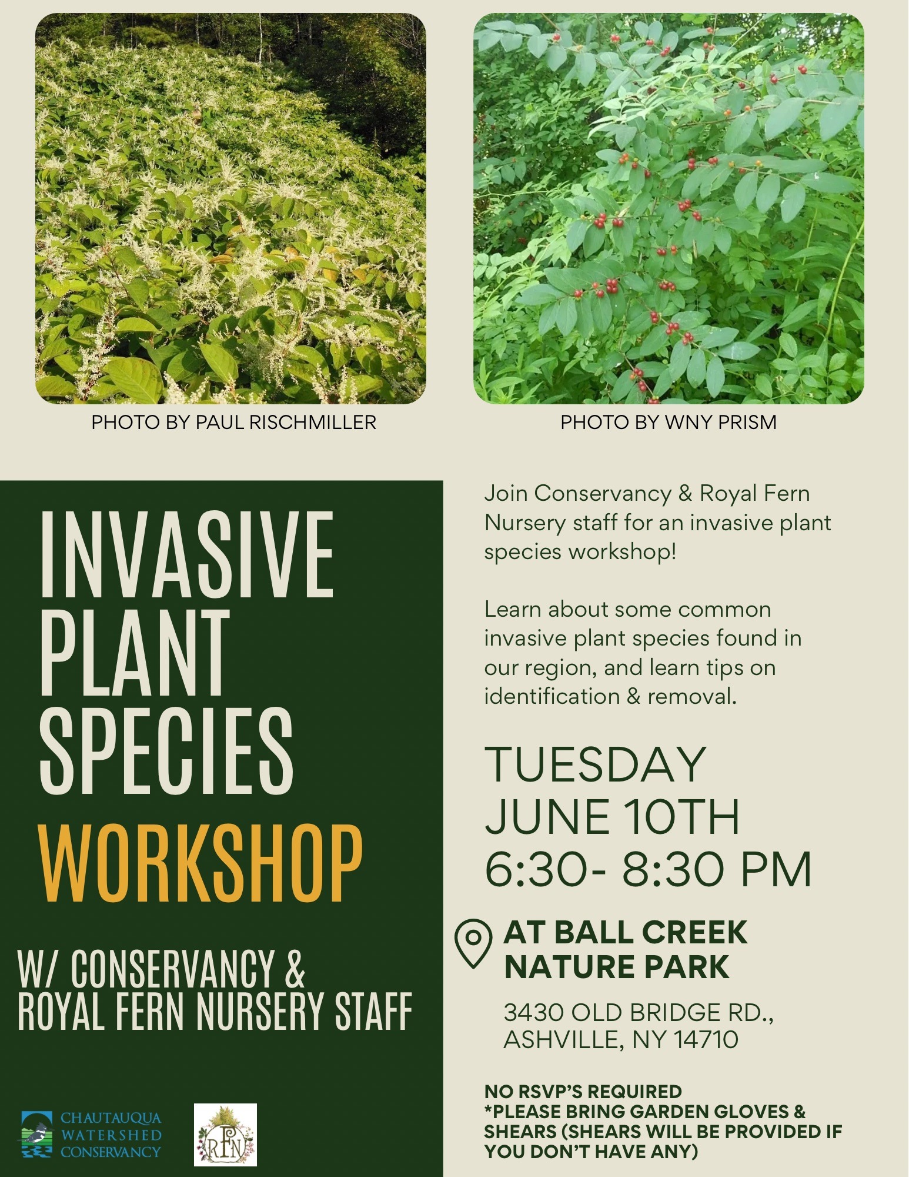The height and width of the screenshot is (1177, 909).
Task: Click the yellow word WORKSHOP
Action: [x=200, y=863]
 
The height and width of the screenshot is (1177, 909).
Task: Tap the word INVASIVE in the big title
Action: [x=186, y=554]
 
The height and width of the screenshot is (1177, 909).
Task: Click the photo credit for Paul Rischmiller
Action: [x=233, y=423]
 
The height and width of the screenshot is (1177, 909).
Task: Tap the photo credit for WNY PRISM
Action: [x=669, y=423]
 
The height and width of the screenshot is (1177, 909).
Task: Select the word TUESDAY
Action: [x=595, y=764]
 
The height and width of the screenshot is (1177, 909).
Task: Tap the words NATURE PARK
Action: [x=617, y=967]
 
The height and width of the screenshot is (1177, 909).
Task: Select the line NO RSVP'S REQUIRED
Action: [x=583, y=1091]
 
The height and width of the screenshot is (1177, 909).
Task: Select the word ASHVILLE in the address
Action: [x=562, y=1040]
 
